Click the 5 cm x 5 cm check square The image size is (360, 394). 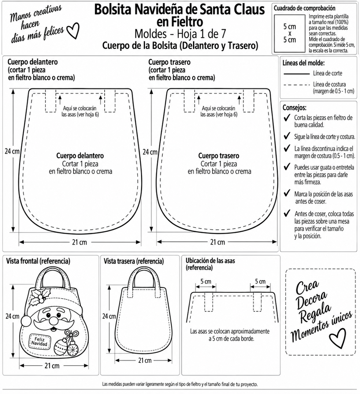(x=289, y=33)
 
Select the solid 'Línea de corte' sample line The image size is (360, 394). (x=297, y=74)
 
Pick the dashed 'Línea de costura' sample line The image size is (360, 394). (x=297, y=85)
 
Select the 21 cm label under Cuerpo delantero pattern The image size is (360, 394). (x=79, y=242)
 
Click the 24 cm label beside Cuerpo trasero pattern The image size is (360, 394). (x=150, y=152)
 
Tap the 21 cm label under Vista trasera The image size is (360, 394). (x=145, y=360)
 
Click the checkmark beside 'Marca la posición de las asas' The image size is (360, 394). (x=287, y=193)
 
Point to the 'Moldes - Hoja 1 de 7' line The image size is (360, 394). (x=180, y=34)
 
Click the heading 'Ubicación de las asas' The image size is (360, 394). (x=210, y=260)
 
